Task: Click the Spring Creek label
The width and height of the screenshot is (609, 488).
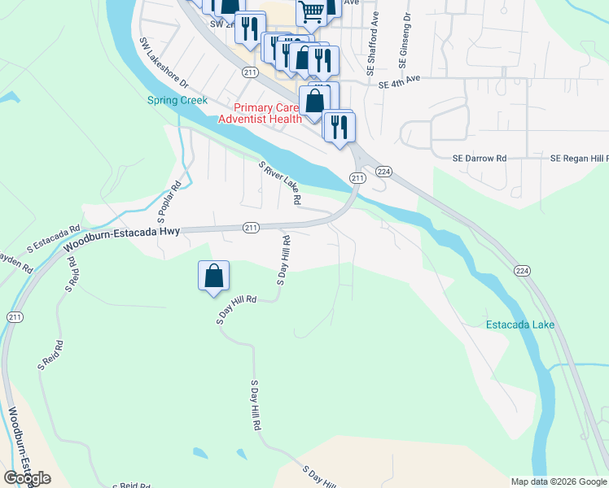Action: pyautogui.click(x=177, y=100)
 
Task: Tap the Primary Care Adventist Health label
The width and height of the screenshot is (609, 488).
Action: pyautogui.click(x=265, y=113)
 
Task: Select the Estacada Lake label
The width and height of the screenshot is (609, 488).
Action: pyautogui.click(x=519, y=325)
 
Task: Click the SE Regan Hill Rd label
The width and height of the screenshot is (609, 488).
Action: pyautogui.click(x=579, y=158)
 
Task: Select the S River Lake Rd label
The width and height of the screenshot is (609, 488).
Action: pyautogui.click(x=281, y=183)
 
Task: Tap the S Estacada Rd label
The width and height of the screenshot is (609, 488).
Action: pyautogui.click(x=53, y=237)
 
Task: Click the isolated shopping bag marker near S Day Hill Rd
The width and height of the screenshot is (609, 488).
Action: pyautogui.click(x=213, y=275)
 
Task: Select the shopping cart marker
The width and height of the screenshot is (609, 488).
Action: pyautogui.click(x=311, y=12)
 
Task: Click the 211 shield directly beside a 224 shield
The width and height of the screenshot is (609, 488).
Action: pyautogui.click(x=357, y=177)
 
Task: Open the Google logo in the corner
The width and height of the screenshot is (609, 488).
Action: pyautogui.click(x=27, y=479)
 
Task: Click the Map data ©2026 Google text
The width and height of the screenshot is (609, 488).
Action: pyautogui.click(x=558, y=481)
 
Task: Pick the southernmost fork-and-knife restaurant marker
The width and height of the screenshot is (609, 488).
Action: pyautogui.click(x=339, y=126)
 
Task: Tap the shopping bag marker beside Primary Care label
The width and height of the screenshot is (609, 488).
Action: pyautogui.click(x=314, y=102)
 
